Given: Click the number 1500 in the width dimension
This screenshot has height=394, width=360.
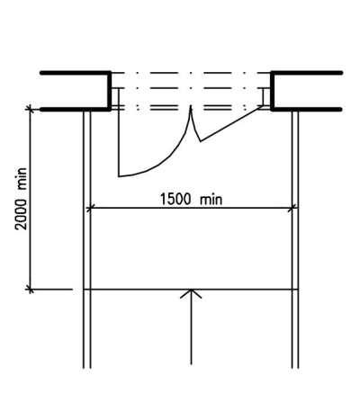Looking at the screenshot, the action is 175,199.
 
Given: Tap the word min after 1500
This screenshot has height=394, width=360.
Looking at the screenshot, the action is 211,200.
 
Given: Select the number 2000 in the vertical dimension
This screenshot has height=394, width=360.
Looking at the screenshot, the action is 22,214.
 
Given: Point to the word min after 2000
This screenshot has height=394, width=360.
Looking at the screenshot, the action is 22,179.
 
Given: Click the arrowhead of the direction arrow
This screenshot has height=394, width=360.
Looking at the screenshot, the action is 191,294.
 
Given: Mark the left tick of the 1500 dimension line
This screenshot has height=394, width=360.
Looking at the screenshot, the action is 90,208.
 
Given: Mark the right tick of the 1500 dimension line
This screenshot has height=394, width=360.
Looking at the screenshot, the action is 292,208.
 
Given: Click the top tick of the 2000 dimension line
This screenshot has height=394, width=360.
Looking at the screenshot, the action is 30,109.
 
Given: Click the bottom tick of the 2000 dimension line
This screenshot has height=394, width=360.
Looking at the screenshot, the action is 30,290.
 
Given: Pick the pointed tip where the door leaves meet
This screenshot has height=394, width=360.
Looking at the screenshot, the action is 191,106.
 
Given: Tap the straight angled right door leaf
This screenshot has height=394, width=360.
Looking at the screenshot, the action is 231,123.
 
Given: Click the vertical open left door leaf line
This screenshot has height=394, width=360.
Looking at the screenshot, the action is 119,132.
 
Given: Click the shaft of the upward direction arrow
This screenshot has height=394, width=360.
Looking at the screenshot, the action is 191,327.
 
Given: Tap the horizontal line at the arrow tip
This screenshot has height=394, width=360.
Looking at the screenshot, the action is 191,290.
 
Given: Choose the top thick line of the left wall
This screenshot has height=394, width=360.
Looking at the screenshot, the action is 76,73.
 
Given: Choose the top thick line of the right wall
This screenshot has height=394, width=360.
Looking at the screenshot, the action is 307,73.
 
